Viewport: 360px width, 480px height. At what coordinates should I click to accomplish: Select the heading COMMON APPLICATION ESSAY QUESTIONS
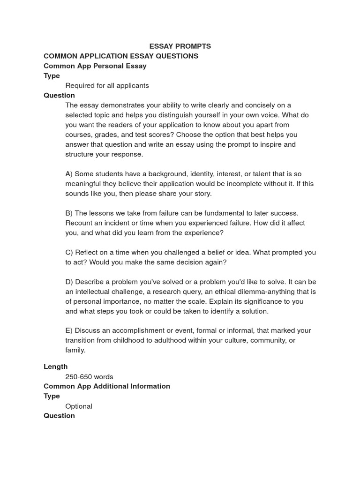click(121, 56)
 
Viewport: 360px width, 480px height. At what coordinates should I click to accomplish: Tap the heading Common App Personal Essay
click(95, 66)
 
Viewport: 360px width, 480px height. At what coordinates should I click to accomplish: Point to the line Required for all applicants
click(107, 85)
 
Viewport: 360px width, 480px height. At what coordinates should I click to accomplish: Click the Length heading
click(55, 367)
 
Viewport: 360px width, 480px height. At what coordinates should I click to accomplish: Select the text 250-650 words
click(89, 376)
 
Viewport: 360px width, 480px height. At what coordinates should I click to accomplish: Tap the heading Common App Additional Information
click(107, 386)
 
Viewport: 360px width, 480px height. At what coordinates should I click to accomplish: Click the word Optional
click(79, 406)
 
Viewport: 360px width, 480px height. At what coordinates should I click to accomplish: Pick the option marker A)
click(69, 174)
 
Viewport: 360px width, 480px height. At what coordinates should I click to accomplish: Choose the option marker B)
click(69, 213)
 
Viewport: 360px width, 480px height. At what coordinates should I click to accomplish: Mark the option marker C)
click(69, 252)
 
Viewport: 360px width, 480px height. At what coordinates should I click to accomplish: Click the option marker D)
click(69, 282)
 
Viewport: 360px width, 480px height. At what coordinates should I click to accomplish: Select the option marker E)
click(69, 330)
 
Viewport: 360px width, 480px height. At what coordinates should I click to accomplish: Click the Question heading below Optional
click(59, 415)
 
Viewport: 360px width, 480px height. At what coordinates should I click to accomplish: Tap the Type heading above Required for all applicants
click(52, 75)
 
